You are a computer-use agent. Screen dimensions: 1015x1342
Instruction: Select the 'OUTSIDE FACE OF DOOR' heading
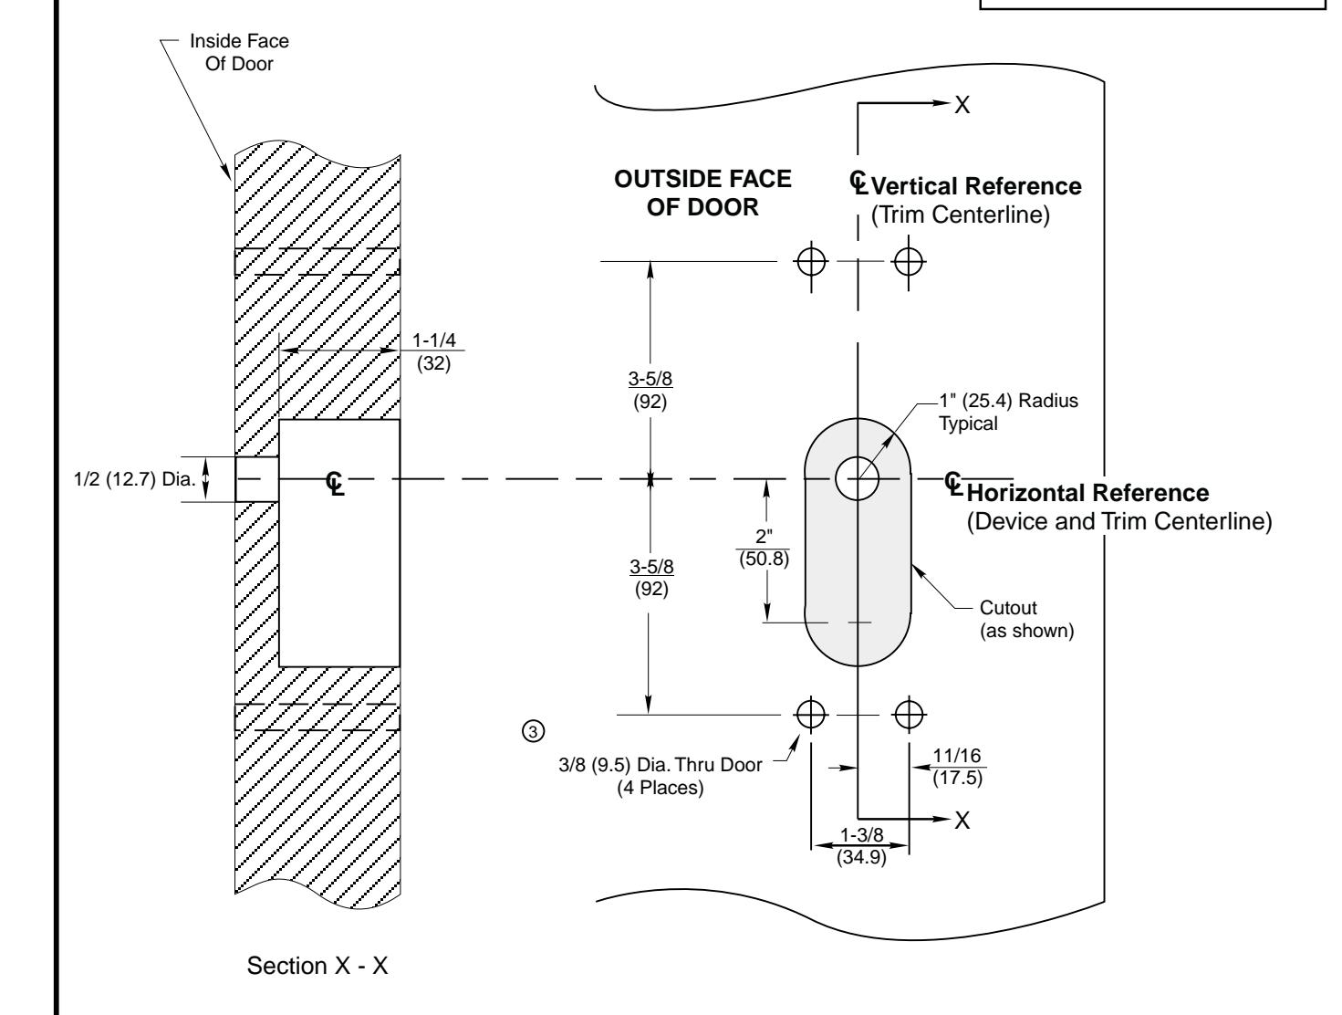(x=702, y=193)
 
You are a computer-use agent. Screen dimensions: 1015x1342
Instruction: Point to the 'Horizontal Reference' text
(x=1087, y=493)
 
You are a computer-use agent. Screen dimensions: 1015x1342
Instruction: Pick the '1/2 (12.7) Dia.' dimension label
(x=135, y=478)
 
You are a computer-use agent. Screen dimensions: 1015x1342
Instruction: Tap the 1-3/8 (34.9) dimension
(x=860, y=847)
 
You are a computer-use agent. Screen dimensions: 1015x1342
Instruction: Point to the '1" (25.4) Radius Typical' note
(x=1009, y=413)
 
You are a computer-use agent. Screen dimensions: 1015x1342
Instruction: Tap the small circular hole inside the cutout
(x=857, y=478)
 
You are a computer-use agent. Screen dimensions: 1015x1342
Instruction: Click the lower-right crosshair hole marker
(x=909, y=713)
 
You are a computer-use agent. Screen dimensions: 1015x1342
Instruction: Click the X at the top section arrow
(x=962, y=105)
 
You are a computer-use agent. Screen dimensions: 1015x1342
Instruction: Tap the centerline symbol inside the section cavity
(x=336, y=480)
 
